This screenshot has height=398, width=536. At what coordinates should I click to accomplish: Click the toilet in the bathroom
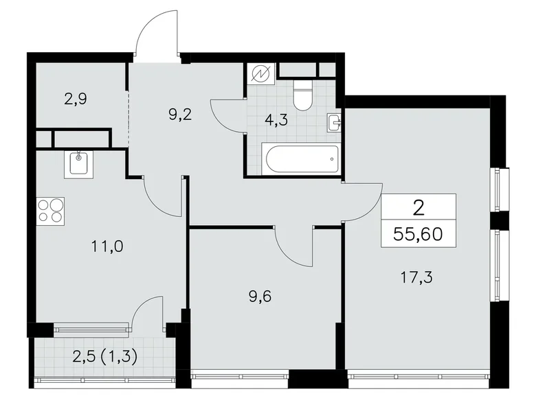(302, 96)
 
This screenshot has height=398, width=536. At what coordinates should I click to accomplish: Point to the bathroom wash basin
(335, 123)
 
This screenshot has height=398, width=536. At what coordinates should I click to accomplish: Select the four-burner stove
(50, 210)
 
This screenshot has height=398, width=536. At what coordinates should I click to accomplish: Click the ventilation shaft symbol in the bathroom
(262, 73)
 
